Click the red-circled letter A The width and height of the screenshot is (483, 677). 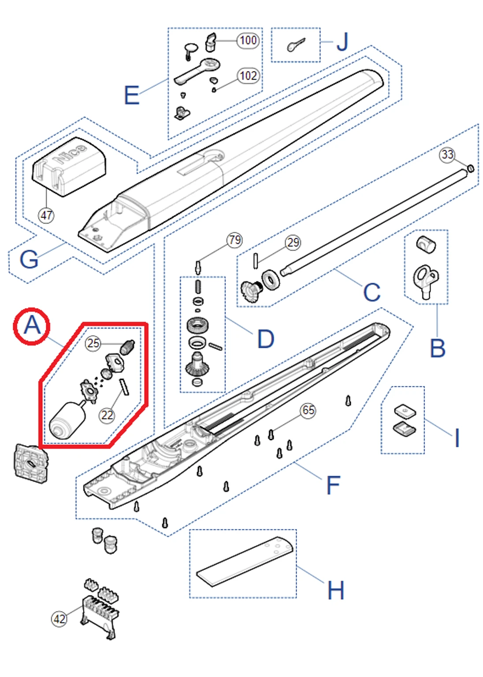32,326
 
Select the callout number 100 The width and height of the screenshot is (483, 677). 248,40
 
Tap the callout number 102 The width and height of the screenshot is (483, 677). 248,76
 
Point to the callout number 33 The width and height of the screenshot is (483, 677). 447,155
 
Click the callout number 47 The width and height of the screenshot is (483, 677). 46,215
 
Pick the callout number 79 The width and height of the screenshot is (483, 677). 234,240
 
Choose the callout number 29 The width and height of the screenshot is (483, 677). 293,242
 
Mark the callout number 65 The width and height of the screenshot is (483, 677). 308,410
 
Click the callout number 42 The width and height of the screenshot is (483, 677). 59,618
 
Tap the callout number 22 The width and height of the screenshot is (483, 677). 107,415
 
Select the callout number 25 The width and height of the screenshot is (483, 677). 93,343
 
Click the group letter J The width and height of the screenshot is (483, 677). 342,42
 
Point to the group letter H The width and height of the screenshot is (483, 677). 335,590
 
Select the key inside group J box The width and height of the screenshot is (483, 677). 296,44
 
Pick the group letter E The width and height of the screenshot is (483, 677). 132,95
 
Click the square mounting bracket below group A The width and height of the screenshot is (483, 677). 31,463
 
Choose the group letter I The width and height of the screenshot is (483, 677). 457,438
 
